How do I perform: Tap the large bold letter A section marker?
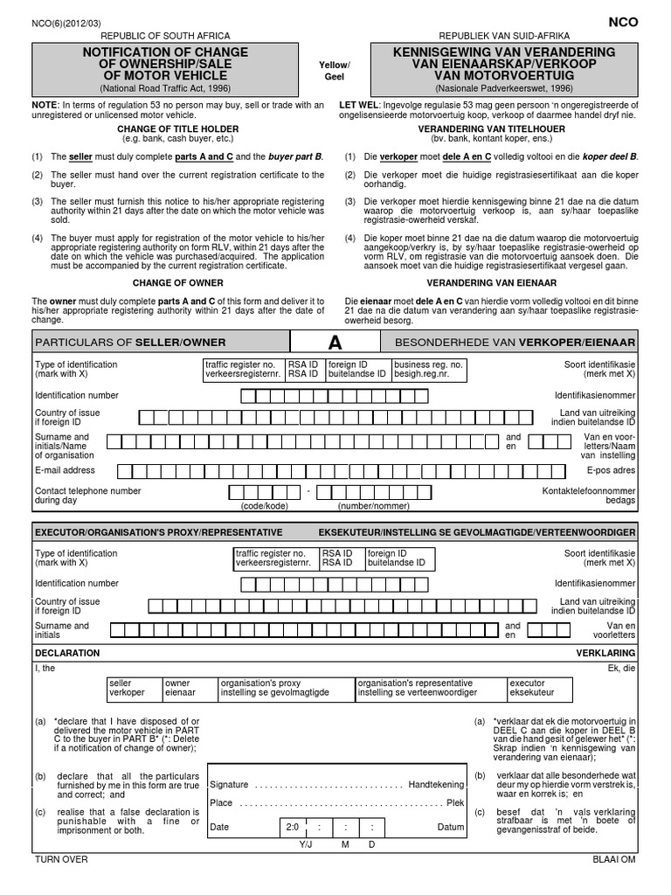[335, 342]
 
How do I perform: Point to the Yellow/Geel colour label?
[335, 71]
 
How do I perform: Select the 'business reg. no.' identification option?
[428, 368]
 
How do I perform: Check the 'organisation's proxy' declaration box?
[284, 688]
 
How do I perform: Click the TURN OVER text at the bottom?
[61, 859]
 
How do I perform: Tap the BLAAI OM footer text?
[615, 859]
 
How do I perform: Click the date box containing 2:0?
[292, 827]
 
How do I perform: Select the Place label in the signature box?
[222, 802]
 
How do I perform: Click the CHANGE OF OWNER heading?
[177, 283]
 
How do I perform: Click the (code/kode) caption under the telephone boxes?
[264, 506]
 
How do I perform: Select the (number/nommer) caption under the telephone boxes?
[373, 506]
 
